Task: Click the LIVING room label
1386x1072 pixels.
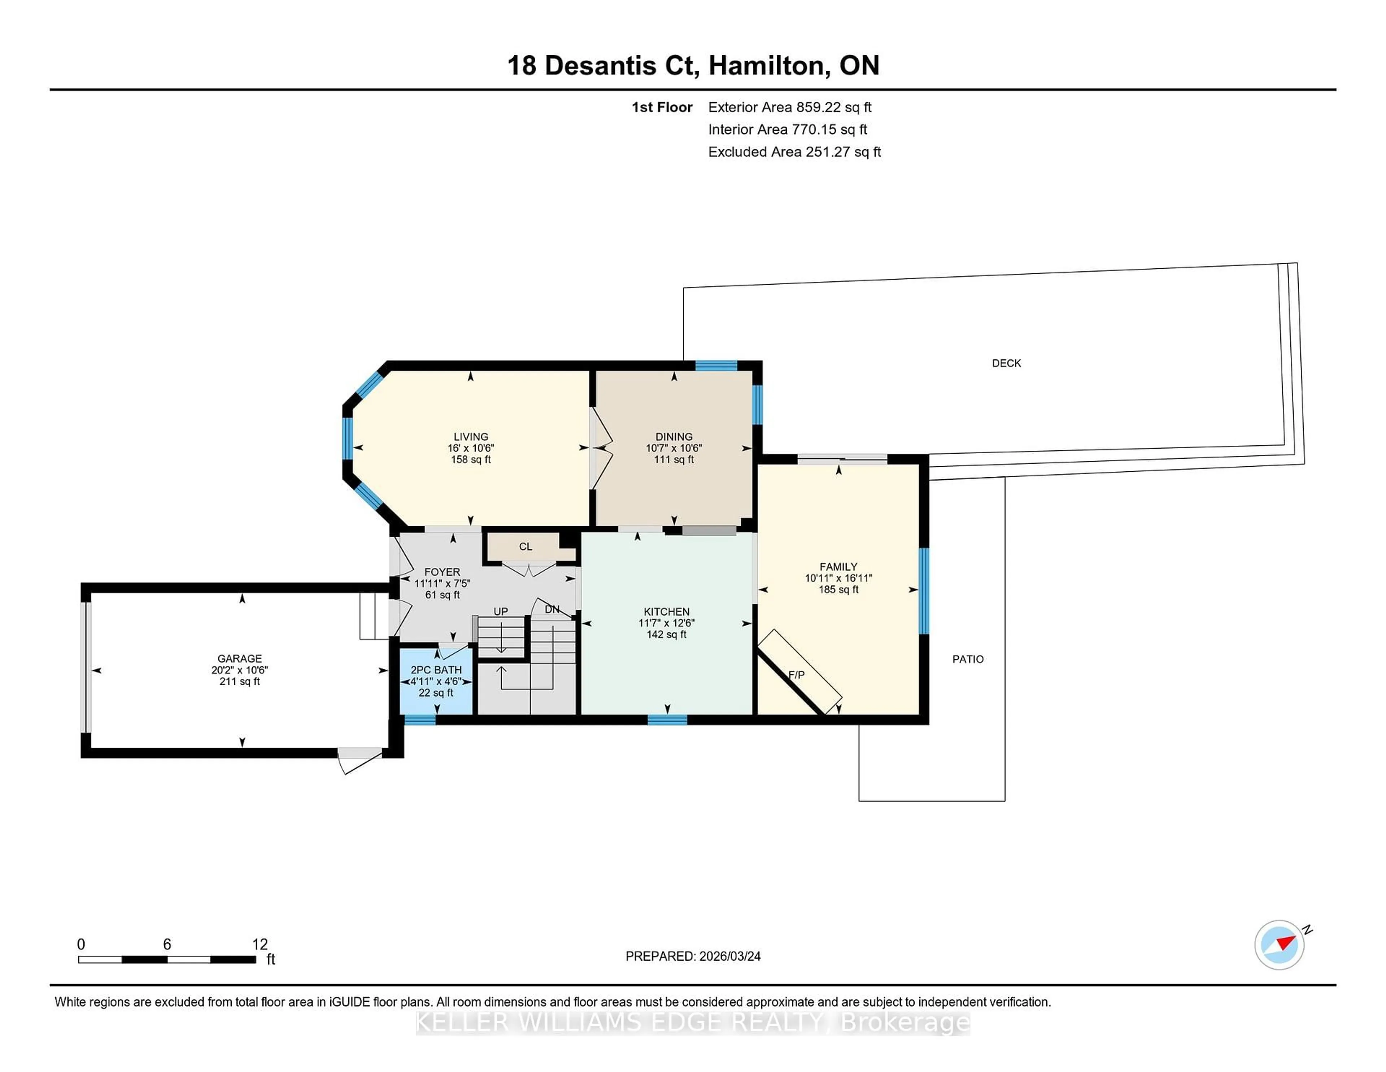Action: (470, 436)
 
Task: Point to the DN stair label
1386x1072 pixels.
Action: (552, 609)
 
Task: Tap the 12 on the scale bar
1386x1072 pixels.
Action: (260, 944)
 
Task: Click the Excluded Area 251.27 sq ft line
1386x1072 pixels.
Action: (794, 152)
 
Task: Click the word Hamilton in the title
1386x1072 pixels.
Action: (768, 65)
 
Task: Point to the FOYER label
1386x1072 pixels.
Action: (442, 571)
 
